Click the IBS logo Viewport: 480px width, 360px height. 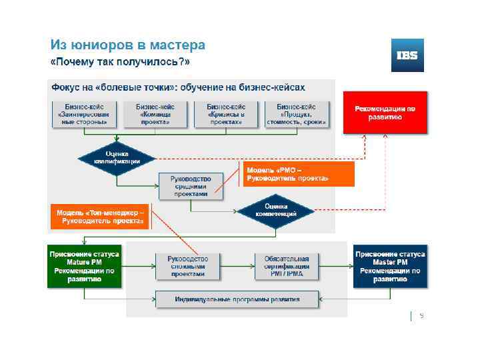click(x=407, y=55)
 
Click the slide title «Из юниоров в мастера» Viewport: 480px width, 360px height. click(x=128, y=45)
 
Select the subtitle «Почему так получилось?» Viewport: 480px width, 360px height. click(x=121, y=62)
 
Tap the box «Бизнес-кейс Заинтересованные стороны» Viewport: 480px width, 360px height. click(x=83, y=114)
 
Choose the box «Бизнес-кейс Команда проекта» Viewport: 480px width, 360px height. click(x=155, y=114)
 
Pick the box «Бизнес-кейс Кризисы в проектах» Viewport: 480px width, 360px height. click(x=226, y=114)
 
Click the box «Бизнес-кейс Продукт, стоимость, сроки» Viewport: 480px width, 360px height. click(x=297, y=114)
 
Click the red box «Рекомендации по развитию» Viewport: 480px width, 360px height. click(x=385, y=112)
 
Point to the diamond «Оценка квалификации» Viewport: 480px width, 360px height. click(x=117, y=158)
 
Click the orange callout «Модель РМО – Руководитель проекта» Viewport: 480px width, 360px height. click(x=287, y=174)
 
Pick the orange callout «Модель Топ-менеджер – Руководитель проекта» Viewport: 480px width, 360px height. click(x=100, y=217)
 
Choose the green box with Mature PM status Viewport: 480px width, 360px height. click(x=84, y=267)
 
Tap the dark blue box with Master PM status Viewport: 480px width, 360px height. click(x=390, y=267)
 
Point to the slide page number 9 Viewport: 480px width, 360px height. click(x=421, y=316)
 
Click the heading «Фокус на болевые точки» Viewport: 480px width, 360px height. click(x=178, y=87)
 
